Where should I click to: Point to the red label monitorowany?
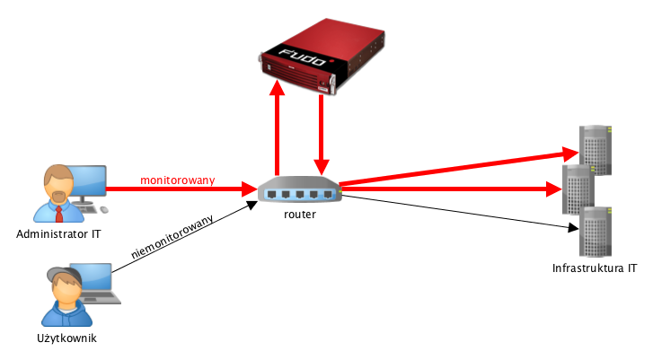coord(178,180)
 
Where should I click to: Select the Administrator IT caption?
coord(58,235)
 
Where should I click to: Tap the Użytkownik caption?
coord(68,338)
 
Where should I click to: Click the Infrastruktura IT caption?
coord(595,268)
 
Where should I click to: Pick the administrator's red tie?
coord(58,212)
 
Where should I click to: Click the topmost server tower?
coord(595,148)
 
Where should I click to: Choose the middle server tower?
coord(578,189)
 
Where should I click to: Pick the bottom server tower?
coord(596,231)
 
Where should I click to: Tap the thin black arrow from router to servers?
coord(458,213)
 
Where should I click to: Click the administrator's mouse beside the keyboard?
coord(104,210)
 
